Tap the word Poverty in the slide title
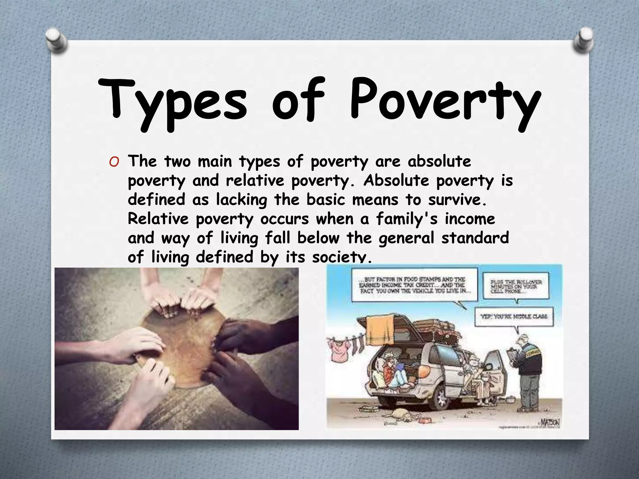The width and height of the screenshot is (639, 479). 445,101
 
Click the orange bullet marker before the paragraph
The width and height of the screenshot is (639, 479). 114,162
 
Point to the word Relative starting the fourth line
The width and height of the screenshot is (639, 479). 158,219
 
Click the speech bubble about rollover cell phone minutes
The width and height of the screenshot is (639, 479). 516,286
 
